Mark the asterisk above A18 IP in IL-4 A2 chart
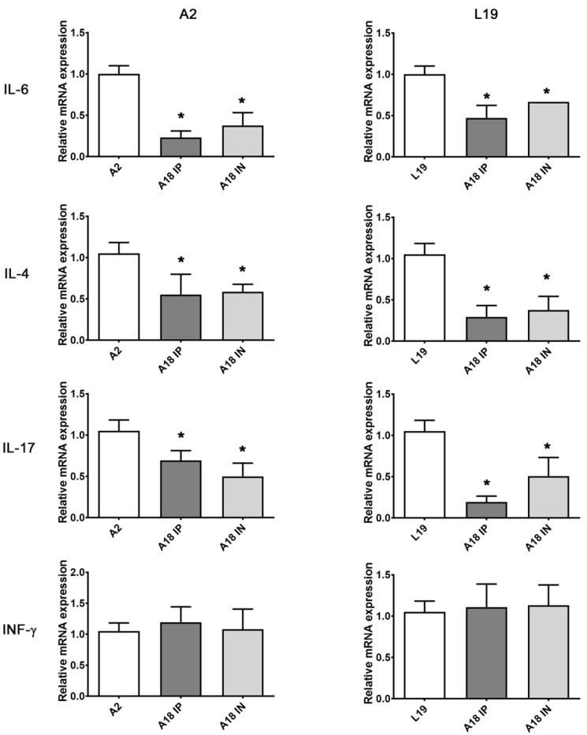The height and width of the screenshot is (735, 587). pyautogui.click(x=180, y=261)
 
